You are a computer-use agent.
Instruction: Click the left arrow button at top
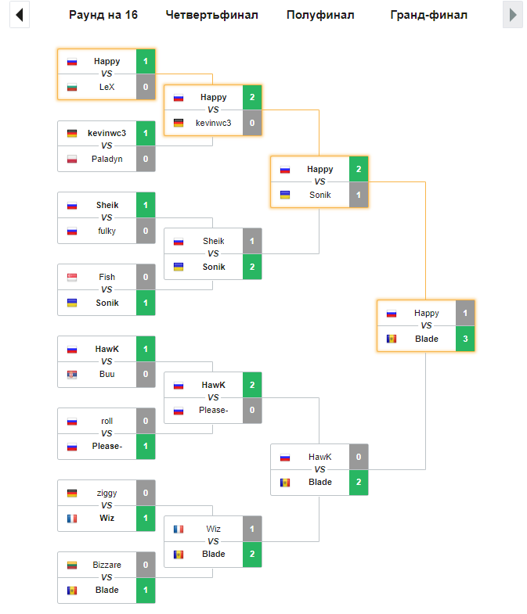pyautogui.click(x=20, y=15)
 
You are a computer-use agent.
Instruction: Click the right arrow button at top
pyautogui.click(x=513, y=15)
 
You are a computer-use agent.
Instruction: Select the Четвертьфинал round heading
pyautogui.click(x=211, y=15)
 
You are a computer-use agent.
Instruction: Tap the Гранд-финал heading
pyautogui.click(x=428, y=15)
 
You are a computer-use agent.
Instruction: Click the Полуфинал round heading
pyautogui.click(x=320, y=15)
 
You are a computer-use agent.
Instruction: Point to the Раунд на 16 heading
pyautogui.click(x=103, y=15)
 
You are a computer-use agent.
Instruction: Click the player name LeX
pyautogui.click(x=106, y=87)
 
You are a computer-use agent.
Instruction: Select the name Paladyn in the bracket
pyautogui.click(x=106, y=159)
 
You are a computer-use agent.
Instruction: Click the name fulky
pyautogui.click(x=106, y=231)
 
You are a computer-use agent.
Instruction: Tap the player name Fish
pyautogui.click(x=106, y=277)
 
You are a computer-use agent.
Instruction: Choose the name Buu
pyautogui.click(x=106, y=375)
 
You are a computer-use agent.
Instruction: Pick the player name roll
pyautogui.click(x=106, y=421)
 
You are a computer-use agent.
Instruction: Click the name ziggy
pyautogui.click(x=106, y=493)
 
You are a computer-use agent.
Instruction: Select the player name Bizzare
pyautogui.click(x=106, y=565)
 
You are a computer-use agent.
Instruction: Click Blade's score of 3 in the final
pyautogui.click(x=465, y=339)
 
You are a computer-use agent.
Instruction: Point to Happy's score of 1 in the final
pyautogui.click(x=465, y=314)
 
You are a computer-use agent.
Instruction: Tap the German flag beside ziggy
pyautogui.click(x=72, y=493)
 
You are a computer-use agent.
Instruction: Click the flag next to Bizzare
pyautogui.click(x=72, y=565)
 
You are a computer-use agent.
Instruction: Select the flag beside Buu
pyautogui.click(x=72, y=375)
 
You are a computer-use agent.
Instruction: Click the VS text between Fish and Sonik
pyautogui.click(x=106, y=289)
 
